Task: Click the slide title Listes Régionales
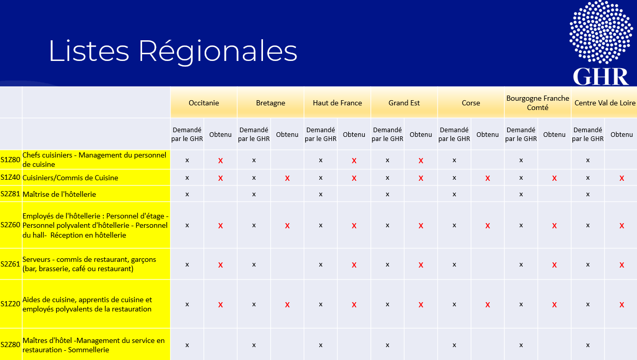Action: [x=173, y=51]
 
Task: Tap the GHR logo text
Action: [x=601, y=76]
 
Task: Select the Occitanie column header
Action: [x=204, y=103]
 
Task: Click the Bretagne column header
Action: [x=270, y=103]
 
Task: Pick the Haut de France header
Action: [x=337, y=103]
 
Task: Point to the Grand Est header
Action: [x=404, y=103]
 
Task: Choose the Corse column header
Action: [x=471, y=103]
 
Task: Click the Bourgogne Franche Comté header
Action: [x=537, y=103]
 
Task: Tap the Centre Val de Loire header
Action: [x=605, y=103]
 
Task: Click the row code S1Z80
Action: [x=10, y=160]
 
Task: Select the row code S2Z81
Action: [x=10, y=194]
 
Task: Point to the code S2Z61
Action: [x=10, y=264]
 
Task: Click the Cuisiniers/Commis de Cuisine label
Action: [x=70, y=178]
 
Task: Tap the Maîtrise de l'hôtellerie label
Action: [x=59, y=194]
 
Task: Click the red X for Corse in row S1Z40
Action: [x=488, y=178]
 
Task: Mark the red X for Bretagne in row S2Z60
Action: [x=287, y=226]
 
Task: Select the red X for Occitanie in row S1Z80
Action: [x=221, y=161]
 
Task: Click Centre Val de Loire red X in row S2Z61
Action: [x=622, y=265]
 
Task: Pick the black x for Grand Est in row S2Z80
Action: [x=387, y=345]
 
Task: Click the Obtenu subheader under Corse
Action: [x=488, y=134]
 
